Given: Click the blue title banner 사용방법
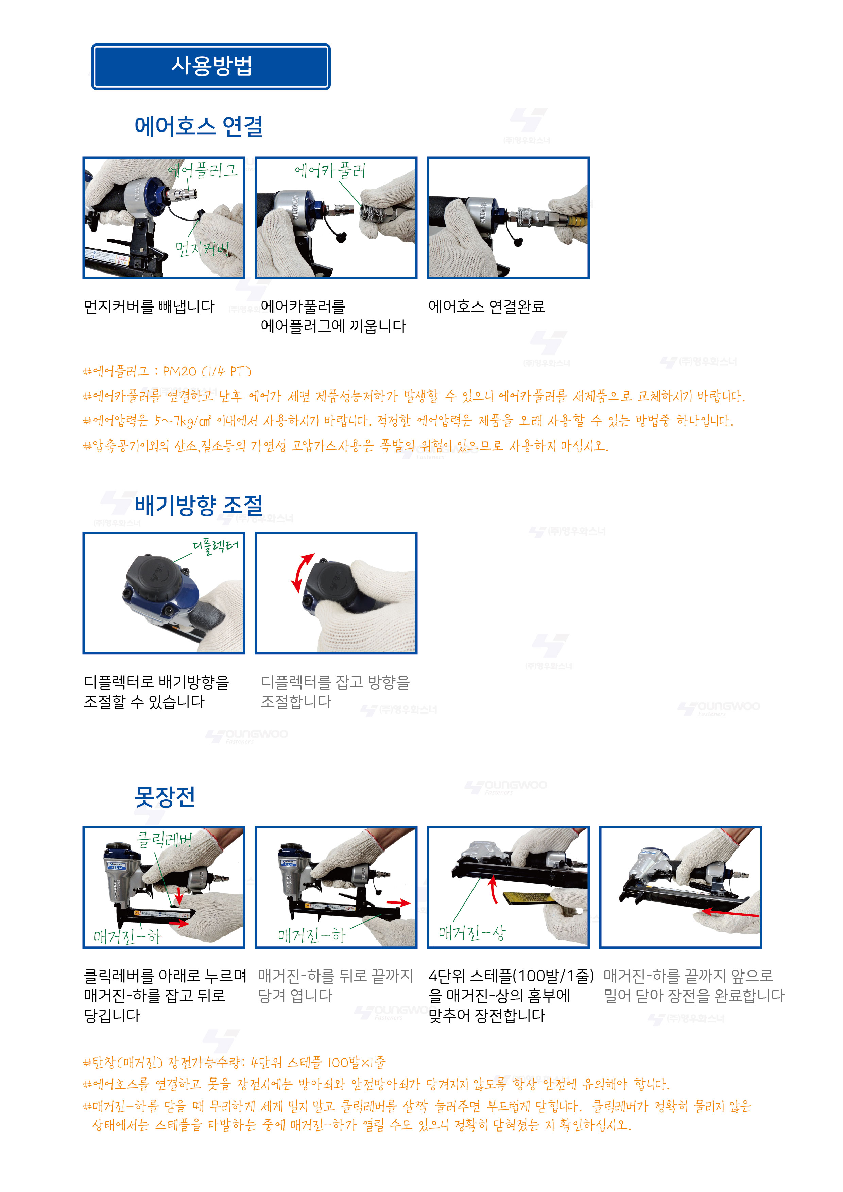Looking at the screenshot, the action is pos(211,67).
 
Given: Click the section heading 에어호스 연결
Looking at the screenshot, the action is pos(199,126).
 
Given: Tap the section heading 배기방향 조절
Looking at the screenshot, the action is pos(199,505).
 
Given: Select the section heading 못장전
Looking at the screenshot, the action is pos(165,796).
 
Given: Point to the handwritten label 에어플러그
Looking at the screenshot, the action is pos(203,170).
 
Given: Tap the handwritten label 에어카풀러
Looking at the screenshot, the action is pos(330,170).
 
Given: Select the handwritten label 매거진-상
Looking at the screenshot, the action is pos(471,933).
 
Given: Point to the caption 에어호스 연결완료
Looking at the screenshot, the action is pos(486,306).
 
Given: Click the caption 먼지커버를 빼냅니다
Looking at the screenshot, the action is pos(149,306).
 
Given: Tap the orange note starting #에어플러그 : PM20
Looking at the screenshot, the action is pos(167,371).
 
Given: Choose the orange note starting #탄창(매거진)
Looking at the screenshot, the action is pos(234,1062).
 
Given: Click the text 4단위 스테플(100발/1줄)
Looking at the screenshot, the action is pos(511,976).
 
